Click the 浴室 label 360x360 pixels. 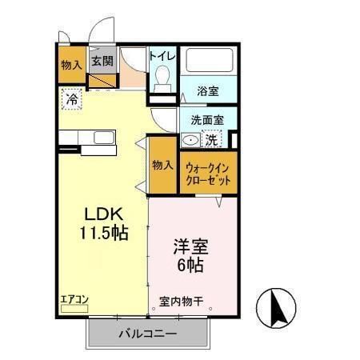207,91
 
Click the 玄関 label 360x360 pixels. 101,60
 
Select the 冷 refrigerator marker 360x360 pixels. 72,100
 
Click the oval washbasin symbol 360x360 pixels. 190,140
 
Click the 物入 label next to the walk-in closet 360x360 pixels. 162,165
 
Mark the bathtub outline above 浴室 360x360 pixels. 207,62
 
